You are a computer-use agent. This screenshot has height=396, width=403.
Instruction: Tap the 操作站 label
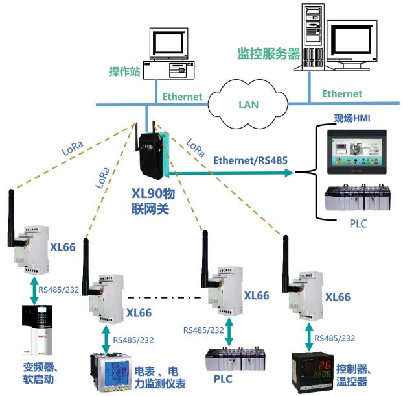pos(124,71)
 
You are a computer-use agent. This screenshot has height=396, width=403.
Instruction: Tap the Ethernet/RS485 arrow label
pos(249,159)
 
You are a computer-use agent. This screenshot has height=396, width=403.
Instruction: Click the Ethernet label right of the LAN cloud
pos(342,95)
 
